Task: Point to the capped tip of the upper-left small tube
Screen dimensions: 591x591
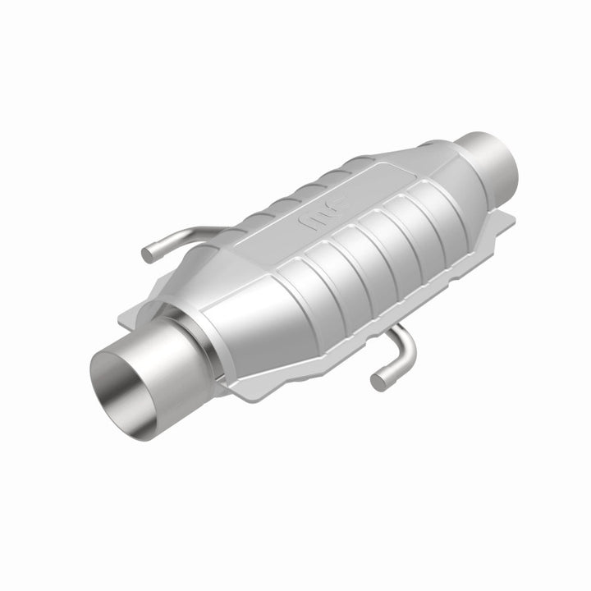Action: (x=149, y=254)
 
